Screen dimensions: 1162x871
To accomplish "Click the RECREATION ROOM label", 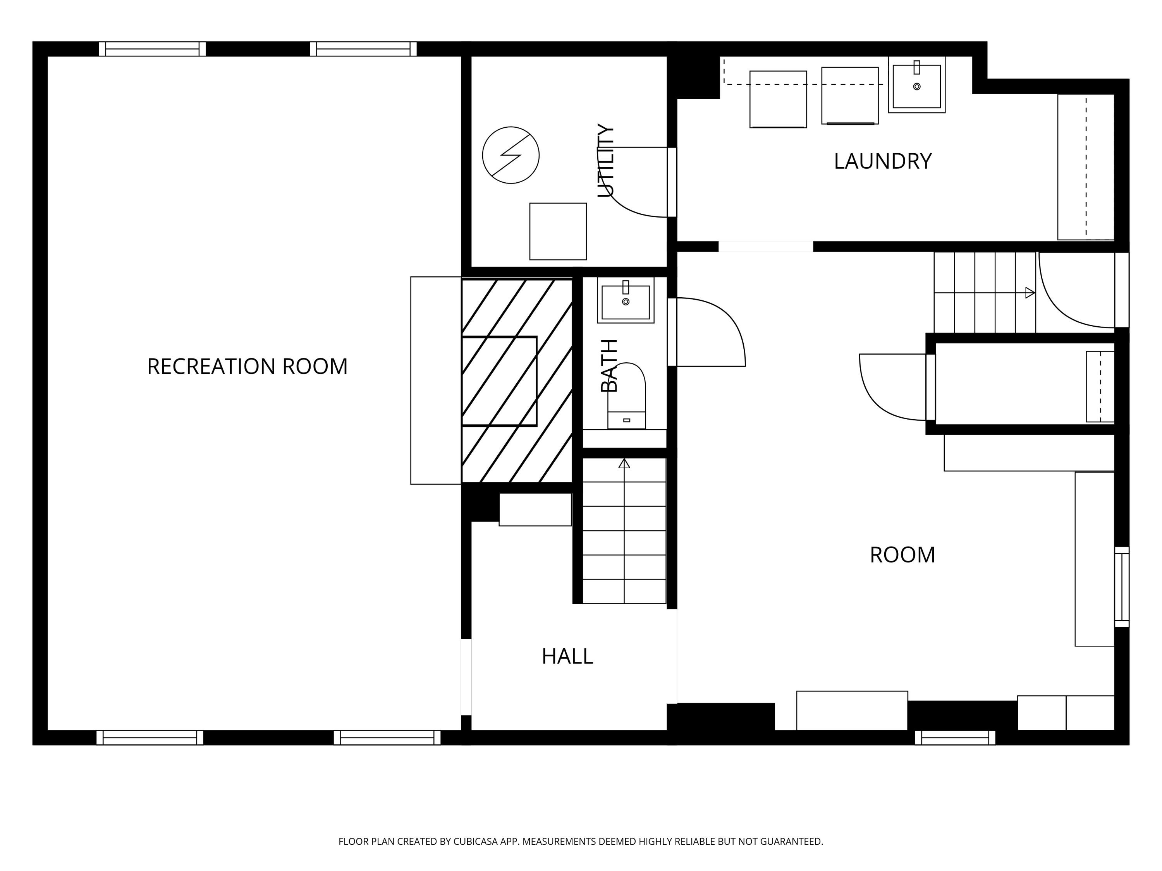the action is click(x=248, y=367).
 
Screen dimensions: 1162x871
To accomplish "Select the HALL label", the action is click(x=567, y=656).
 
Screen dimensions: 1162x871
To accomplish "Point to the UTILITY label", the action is click(x=606, y=160).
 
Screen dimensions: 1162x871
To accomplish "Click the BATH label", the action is click(x=609, y=365).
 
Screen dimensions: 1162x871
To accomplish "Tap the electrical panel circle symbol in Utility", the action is click(x=511, y=155).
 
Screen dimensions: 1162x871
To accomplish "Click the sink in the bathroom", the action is click(x=625, y=300).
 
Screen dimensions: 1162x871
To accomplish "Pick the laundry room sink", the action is click(x=917, y=84).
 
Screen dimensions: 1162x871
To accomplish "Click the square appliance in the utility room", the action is click(x=558, y=231).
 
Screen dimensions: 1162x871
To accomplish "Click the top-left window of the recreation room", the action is click(x=152, y=49).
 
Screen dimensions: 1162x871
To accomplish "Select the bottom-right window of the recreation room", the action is click(x=387, y=738).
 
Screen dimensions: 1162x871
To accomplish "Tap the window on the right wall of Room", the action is click(x=1122, y=587).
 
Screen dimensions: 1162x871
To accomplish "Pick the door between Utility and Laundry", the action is click(x=672, y=182).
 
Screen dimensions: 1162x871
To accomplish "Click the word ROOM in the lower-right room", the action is click(x=902, y=555).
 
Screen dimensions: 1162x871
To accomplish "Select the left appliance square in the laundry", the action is click(x=778, y=99).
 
